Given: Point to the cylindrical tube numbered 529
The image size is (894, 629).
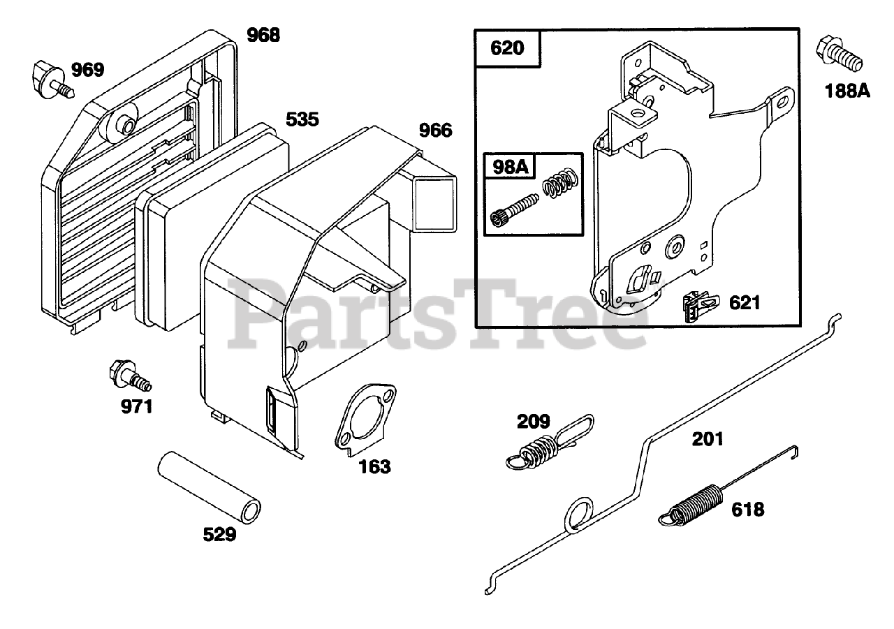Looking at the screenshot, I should tap(207, 486).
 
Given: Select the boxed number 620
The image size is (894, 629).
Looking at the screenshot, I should tap(508, 49).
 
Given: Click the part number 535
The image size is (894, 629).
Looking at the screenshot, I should tap(302, 119).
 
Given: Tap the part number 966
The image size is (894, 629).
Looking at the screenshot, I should tap(434, 131).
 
